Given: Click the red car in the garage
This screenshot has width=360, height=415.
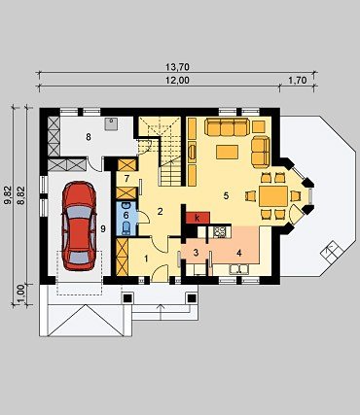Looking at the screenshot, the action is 80,225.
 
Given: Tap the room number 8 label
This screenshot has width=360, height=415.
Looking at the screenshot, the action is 89,137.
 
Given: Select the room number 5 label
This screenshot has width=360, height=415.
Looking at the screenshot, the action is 226,195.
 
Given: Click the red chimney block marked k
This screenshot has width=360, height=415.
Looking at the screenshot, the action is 198,218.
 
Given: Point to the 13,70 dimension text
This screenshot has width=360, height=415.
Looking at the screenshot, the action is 177,67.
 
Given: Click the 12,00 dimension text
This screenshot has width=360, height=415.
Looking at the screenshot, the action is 177,80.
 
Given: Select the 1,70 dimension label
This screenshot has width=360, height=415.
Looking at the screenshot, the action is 298,80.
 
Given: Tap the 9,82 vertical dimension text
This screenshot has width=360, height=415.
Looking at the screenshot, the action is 8,195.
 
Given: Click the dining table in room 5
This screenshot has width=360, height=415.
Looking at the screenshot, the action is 273,196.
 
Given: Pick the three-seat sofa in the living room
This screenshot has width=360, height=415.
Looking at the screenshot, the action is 227,127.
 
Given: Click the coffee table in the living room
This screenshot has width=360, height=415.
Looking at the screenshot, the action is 227,152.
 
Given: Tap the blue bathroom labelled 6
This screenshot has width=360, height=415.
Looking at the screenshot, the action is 126,218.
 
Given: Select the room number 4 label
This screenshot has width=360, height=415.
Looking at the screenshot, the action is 239,253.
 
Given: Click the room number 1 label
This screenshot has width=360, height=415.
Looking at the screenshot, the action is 146,259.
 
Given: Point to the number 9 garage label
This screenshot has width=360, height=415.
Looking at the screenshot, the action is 103,229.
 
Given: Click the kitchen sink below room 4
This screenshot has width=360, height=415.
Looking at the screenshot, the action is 239,269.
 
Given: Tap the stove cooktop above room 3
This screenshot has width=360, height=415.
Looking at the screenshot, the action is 220,231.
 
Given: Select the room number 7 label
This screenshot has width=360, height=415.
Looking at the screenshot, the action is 126,178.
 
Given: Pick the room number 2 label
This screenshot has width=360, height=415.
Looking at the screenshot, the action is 160,212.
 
